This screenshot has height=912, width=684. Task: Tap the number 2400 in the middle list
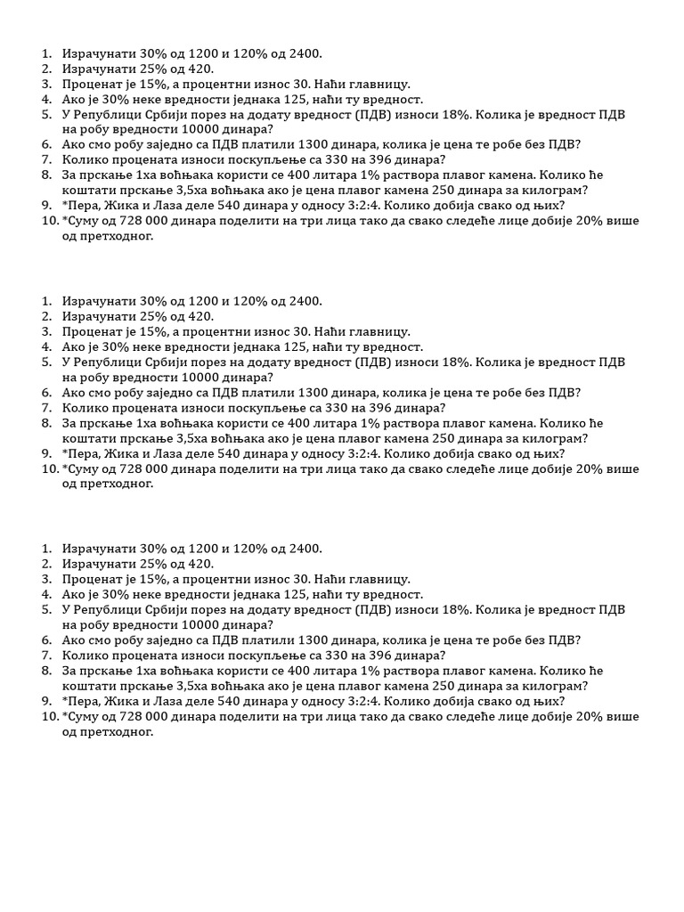[302, 301]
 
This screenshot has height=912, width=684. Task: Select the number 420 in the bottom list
[199, 564]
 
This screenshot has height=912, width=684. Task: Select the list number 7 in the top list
[46, 159]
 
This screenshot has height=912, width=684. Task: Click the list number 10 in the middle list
[50, 468]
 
